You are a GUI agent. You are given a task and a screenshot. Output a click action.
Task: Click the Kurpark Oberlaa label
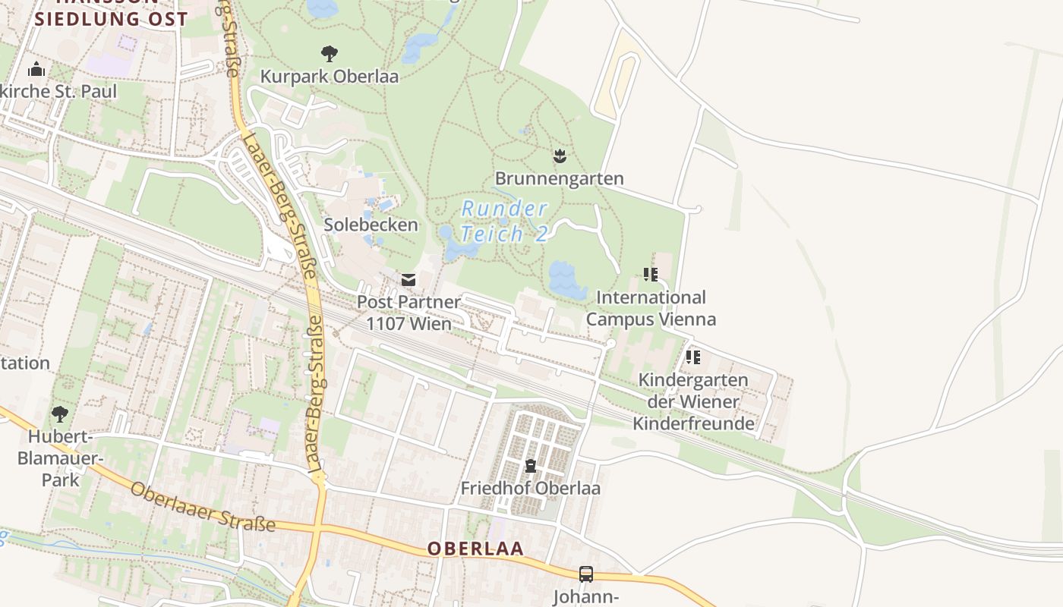(x=329, y=77)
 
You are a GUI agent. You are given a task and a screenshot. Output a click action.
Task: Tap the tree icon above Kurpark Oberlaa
(x=329, y=54)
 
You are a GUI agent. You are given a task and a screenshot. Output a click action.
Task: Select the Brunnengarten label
(x=560, y=179)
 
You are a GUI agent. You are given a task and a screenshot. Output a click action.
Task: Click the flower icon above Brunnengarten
(x=560, y=157)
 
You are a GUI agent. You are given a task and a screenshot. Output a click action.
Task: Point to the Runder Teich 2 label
(x=504, y=221)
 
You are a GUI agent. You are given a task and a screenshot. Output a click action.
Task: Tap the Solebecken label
(x=371, y=225)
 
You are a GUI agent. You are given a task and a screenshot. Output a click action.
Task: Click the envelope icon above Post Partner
(x=408, y=280)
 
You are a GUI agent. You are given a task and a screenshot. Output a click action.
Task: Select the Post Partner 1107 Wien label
(x=408, y=313)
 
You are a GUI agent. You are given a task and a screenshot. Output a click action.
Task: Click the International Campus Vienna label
(x=651, y=308)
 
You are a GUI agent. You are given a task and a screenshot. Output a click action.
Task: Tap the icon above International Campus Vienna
(x=651, y=274)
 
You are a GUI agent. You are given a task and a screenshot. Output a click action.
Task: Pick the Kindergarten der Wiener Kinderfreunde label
(x=693, y=401)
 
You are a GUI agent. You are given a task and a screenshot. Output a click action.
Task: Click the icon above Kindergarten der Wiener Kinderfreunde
(x=692, y=357)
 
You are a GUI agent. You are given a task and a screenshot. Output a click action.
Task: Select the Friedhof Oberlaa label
(x=530, y=488)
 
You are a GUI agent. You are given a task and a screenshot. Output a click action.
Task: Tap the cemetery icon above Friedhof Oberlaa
(x=530, y=466)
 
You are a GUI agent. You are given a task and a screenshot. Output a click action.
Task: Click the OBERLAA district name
(x=475, y=549)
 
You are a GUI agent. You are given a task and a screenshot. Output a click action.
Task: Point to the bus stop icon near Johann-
(x=586, y=574)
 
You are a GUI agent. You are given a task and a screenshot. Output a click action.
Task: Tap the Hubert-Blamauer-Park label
(x=60, y=458)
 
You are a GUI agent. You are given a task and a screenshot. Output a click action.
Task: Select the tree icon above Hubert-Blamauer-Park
(x=59, y=414)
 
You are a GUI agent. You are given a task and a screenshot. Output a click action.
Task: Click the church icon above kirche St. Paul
(x=36, y=71)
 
